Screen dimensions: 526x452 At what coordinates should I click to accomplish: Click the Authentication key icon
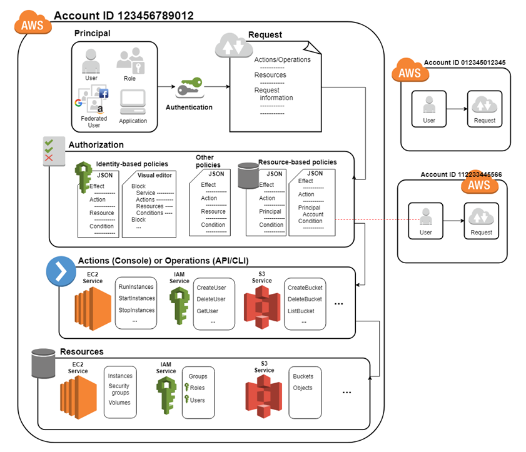tap(190, 88)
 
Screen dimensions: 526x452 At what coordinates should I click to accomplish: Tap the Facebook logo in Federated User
tap(104, 94)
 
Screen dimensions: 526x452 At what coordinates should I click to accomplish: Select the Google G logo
tap(79, 103)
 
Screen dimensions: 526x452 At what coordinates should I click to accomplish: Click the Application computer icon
tap(133, 103)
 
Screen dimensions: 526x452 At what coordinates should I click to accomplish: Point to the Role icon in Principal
tap(131, 61)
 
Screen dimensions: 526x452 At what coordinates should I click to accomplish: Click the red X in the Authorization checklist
tap(49, 158)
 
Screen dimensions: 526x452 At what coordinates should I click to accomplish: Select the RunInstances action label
tap(136, 287)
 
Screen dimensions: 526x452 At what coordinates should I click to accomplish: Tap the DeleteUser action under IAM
tap(211, 299)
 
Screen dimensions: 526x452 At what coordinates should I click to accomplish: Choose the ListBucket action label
tap(301, 311)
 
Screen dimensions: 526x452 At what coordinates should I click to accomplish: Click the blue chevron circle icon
tap(61, 271)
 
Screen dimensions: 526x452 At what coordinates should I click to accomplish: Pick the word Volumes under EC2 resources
tap(119, 403)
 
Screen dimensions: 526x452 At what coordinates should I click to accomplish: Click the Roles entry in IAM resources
tap(197, 388)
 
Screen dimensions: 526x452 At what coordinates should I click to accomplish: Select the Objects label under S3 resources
tap(303, 388)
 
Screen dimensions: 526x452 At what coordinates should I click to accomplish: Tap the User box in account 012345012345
tap(429, 109)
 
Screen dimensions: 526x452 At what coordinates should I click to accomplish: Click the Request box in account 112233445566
tap(482, 221)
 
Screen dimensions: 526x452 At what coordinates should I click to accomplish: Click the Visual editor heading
tap(154, 175)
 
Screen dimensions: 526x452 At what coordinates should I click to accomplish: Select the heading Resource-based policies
tap(298, 162)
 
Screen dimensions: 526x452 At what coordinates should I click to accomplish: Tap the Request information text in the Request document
tap(273, 94)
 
